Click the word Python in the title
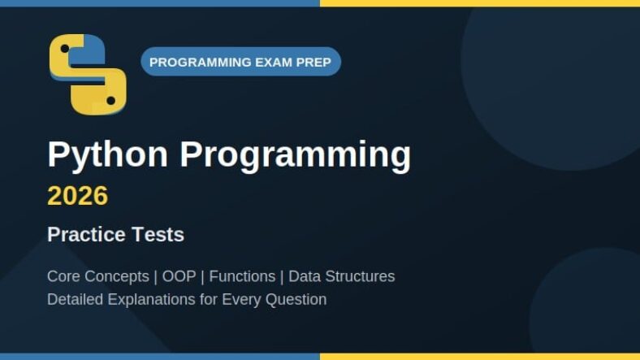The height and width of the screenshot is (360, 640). [x=108, y=155]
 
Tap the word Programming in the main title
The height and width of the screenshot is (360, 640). [x=296, y=155]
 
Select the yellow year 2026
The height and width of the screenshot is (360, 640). [x=77, y=196]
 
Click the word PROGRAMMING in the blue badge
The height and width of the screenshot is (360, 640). [x=200, y=63]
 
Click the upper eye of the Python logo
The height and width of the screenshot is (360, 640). [x=64, y=49]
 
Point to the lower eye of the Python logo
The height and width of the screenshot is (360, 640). [x=110, y=101]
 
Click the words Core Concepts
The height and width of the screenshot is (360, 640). [x=98, y=276]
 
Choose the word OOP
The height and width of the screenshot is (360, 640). [x=179, y=276]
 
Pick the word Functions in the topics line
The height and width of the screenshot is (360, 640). [x=242, y=276]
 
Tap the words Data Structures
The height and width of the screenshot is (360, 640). [x=342, y=276]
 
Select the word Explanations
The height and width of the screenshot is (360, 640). [x=151, y=300]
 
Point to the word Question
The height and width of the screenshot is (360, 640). [x=296, y=300]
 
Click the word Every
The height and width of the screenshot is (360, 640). [x=244, y=300]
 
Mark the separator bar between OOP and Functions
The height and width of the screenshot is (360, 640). [x=202, y=277]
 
